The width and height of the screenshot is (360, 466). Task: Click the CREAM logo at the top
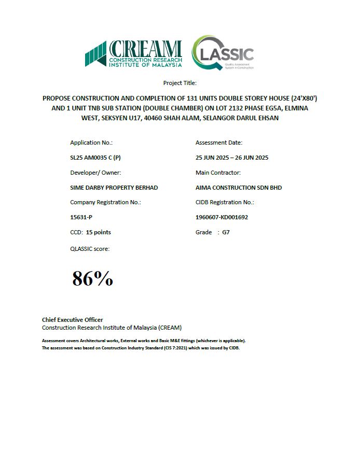134,54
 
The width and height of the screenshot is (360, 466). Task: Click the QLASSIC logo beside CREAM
223,53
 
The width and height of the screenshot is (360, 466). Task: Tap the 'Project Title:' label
179,83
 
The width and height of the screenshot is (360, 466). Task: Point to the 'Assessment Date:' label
219,143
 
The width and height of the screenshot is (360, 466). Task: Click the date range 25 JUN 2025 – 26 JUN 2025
232,158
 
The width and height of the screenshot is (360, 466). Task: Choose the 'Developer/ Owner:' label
95,173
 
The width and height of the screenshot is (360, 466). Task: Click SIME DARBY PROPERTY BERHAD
114,188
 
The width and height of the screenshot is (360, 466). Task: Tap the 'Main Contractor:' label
218,173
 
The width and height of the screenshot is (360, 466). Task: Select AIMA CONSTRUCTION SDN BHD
239,188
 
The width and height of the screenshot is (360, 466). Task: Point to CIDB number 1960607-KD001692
221,217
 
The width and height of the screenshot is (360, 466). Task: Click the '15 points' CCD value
99,232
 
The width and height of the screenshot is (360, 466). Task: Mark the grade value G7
226,232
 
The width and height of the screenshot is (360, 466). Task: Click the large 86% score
92,279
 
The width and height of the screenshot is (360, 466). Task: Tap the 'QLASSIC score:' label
90,248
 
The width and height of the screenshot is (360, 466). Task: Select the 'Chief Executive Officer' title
72,320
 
